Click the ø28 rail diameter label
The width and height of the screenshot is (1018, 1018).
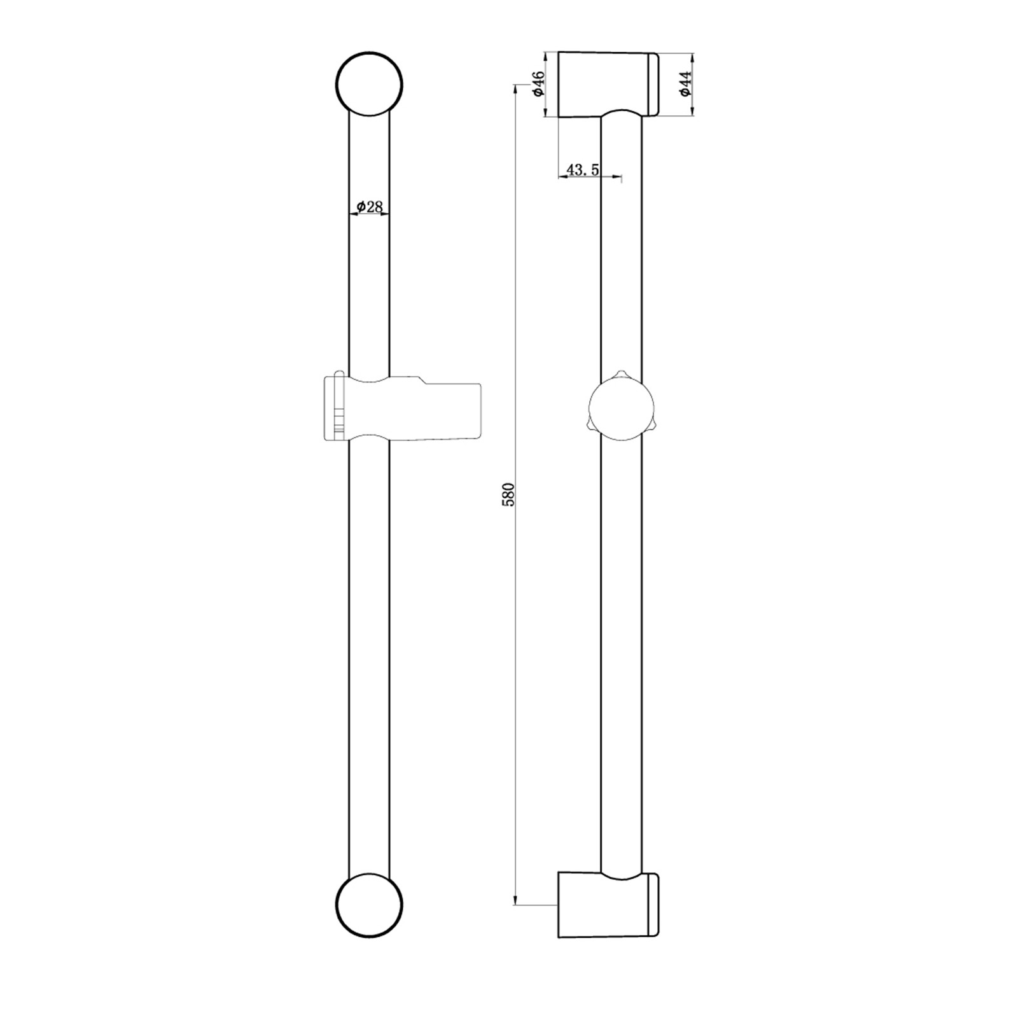point(370,206)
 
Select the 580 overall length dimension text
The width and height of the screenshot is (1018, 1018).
point(508,494)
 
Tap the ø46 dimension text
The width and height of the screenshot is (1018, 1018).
point(538,84)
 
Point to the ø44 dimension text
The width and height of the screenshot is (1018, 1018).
point(685,84)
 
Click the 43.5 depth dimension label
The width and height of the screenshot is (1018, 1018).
point(582,169)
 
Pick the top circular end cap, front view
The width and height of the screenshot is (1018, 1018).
point(369,83)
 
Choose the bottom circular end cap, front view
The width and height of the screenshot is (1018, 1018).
point(369,907)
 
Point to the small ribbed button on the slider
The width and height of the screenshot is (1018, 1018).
point(338,422)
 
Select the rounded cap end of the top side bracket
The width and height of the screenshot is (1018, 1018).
point(653,85)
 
